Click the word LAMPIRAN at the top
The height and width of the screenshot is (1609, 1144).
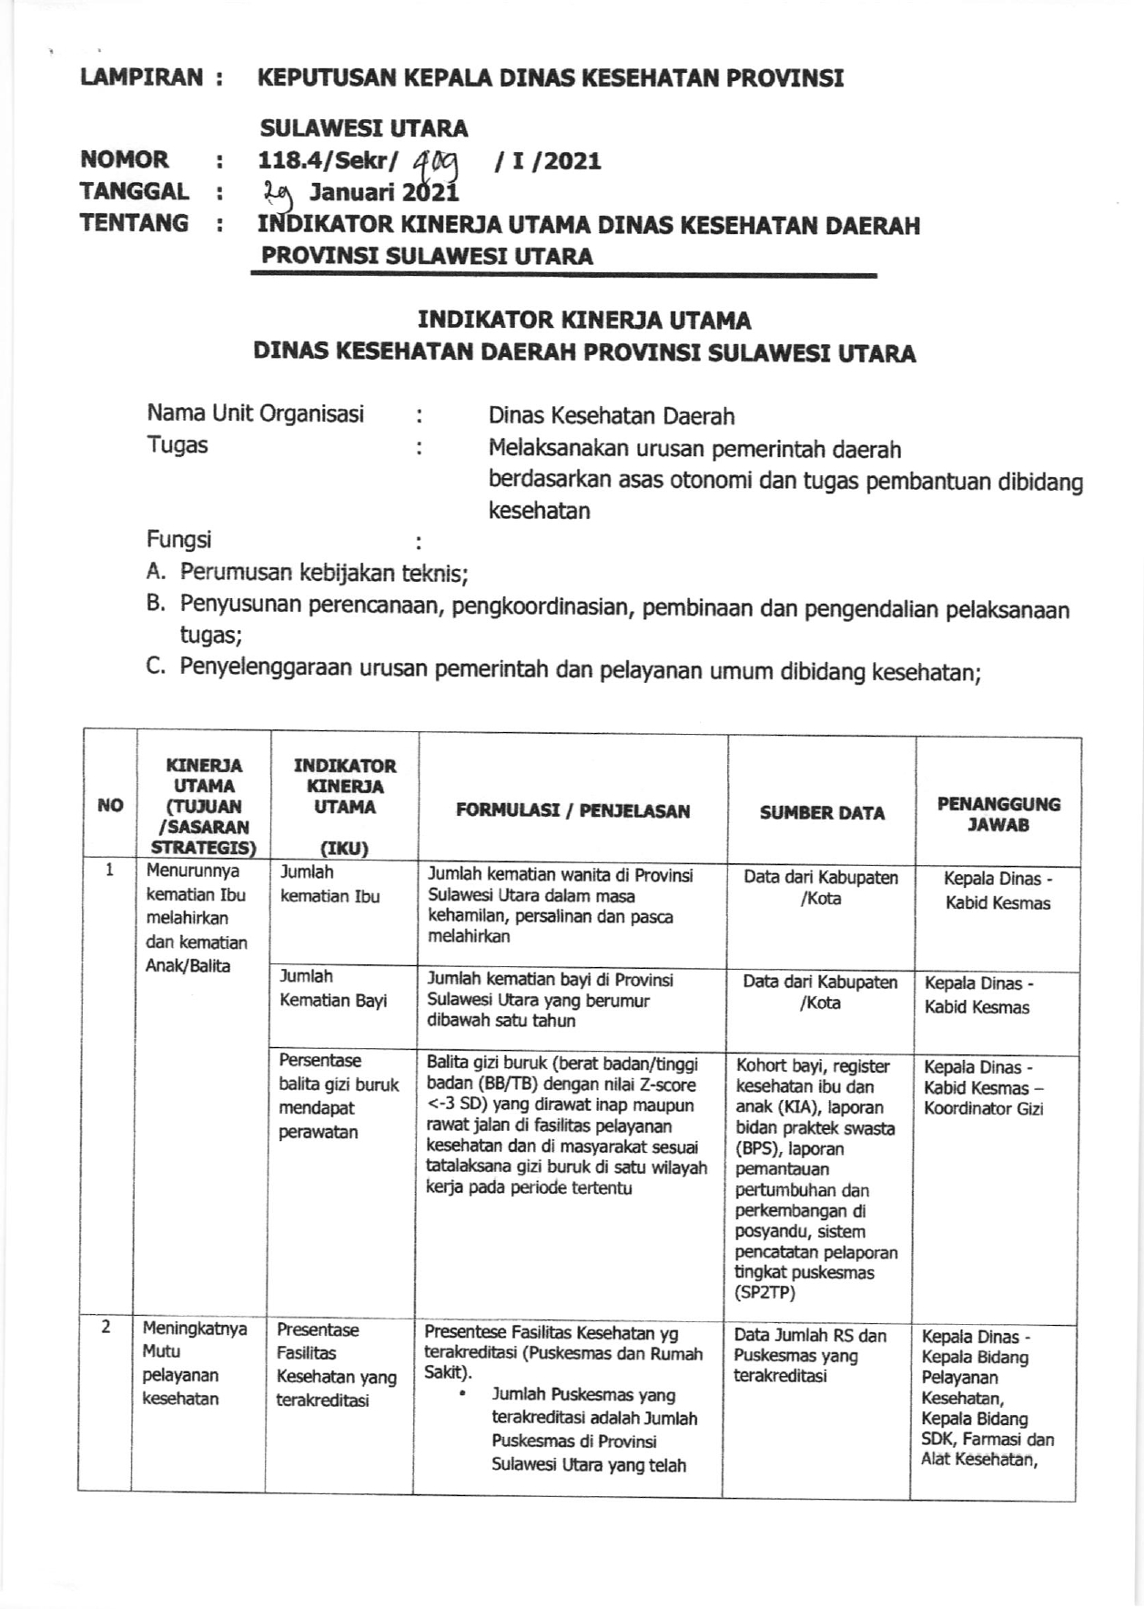[x=141, y=77]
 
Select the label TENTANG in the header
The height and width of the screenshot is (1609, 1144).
[x=134, y=223]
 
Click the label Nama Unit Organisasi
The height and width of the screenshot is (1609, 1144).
[x=255, y=414]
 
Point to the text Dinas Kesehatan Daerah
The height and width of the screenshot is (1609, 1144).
[x=611, y=417]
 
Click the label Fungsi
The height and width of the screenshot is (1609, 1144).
[x=179, y=540]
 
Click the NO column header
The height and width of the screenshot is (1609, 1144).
[x=110, y=805]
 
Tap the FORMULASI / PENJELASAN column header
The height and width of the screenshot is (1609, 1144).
[x=572, y=811]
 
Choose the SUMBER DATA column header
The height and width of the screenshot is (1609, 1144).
[x=822, y=813]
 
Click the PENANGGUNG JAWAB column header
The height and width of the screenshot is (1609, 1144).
[x=998, y=814]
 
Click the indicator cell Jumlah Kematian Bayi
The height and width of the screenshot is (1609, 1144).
[x=333, y=988]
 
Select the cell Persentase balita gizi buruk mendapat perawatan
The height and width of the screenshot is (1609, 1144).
[x=339, y=1096]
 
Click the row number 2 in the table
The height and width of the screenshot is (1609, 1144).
[x=106, y=1327]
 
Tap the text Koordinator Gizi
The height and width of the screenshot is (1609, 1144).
[x=983, y=1108]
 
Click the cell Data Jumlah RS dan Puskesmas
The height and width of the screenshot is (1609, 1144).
[x=809, y=1346]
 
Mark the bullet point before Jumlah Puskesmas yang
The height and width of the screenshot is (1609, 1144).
[x=463, y=1394]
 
